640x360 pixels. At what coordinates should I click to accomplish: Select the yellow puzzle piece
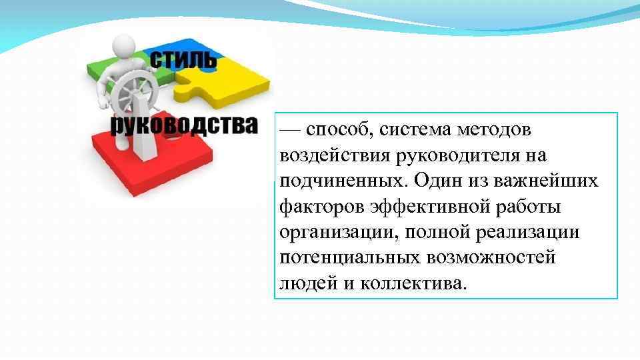233,83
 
